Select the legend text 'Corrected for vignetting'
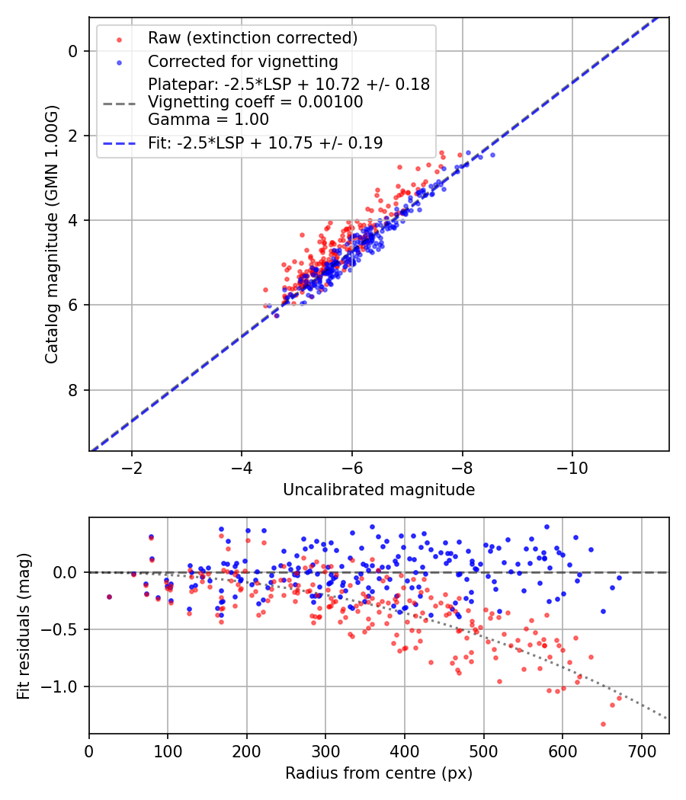(x=242, y=61)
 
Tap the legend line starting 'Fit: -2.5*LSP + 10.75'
(x=265, y=142)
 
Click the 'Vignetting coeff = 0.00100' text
(x=255, y=102)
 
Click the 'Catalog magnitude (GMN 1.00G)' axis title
(x=51, y=234)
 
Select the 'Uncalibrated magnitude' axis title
(x=379, y=490)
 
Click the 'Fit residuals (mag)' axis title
(x=24, y=626)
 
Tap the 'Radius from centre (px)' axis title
(x=379, y=773)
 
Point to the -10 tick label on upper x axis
(x=572, y=466)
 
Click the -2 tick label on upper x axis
(x=132, y=466)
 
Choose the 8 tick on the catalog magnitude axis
(x=73, y=390)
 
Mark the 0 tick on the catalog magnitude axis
(x=73, y=51)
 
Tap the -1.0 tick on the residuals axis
(x=63, y=686)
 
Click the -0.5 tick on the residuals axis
(x=63, y=629)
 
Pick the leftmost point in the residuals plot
(x=109, y=597)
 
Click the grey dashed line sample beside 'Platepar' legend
(x=119, y=102)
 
